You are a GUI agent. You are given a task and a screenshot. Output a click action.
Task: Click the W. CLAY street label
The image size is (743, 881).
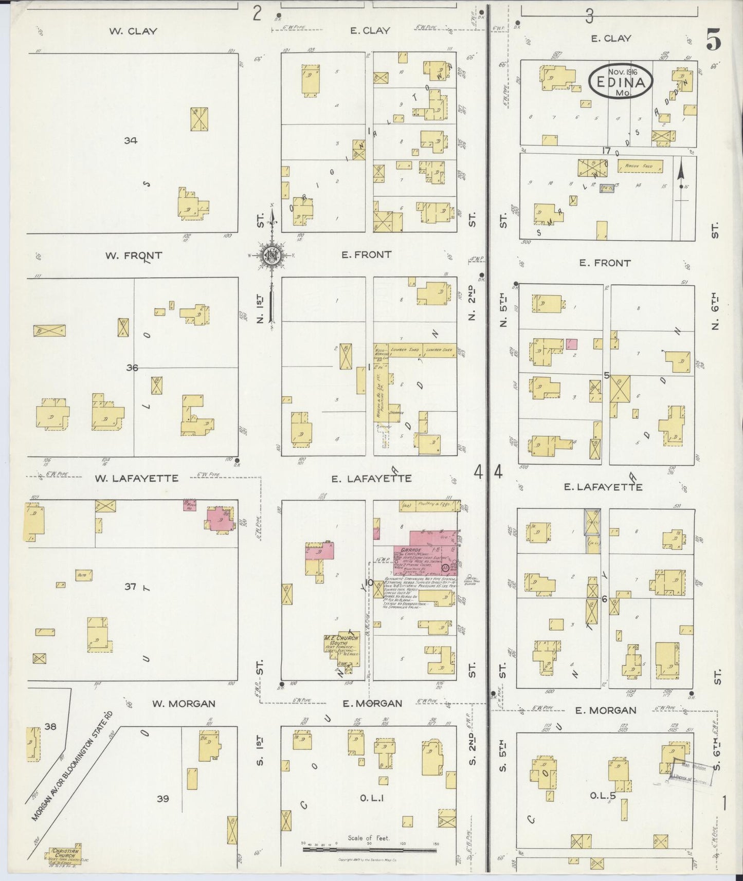(x=133, y=31)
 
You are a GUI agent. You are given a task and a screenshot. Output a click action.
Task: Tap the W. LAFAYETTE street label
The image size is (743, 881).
(x=136, y=478)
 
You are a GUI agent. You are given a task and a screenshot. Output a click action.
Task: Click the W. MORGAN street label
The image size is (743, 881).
(x=184, y=703)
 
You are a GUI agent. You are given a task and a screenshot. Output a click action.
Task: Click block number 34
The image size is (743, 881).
(x=131, y=140)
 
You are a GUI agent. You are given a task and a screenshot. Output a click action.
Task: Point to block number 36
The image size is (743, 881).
(x=133, y=368)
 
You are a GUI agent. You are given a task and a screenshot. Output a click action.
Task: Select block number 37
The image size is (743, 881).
(x=130, y=586)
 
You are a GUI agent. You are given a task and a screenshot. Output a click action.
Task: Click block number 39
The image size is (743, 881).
(x=163, y=798)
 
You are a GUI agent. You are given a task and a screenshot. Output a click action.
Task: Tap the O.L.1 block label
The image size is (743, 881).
(x=369, y=797)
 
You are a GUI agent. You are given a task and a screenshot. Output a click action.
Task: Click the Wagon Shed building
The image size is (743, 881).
(x=640, y=167)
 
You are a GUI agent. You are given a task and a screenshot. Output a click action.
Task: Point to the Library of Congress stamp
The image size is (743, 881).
(x=692, y=774)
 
